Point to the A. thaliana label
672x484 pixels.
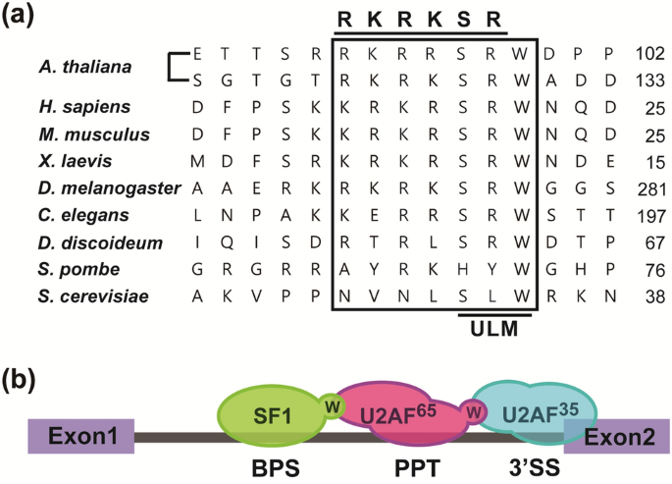tap(79, 66)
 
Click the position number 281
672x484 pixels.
tap(648, 188)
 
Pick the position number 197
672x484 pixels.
tap(648, 214)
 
